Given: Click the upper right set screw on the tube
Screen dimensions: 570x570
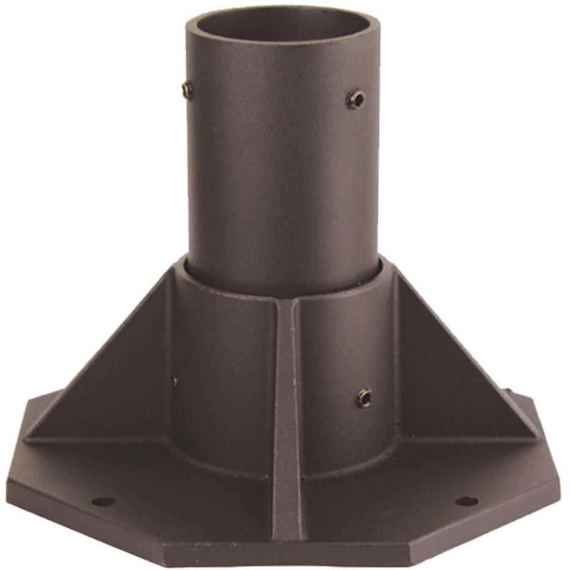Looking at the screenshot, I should [x=356, y=99].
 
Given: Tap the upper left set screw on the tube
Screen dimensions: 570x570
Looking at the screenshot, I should [x=187, y=90].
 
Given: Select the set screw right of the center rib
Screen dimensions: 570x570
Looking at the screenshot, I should [x=364, y=398].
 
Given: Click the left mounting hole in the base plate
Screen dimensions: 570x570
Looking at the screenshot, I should [x=103, y=502].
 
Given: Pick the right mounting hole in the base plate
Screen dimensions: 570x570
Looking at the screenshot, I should [x=467, y=501].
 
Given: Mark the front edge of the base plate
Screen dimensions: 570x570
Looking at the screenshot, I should [x=287, y=554].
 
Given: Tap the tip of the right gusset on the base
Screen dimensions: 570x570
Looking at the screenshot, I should [x=538, y=437].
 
